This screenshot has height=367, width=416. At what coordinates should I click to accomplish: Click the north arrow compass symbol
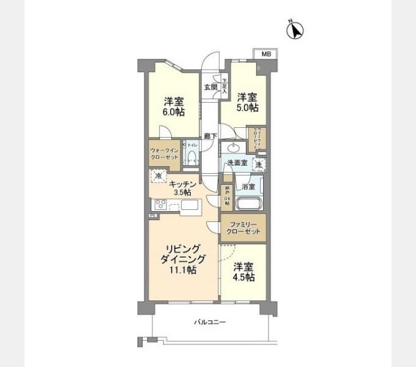pyautogui.click(x=296, y=29)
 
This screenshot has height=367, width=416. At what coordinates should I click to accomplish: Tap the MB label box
pyautogui.click(x=265, y=54)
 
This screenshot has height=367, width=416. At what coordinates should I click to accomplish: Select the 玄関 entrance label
pyautogui.click(x=210, y=87)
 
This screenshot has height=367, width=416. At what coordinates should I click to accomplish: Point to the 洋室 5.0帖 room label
pyautogui.click(x=247, y=102)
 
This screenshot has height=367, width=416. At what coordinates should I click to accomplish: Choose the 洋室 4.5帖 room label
pyautogui.click(x=244, y=272)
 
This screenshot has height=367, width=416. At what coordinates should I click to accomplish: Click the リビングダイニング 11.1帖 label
pyautogui.click(x=182, y=258)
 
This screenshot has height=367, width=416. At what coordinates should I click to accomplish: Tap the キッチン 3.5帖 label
pyautogui.click(x=183, y=188)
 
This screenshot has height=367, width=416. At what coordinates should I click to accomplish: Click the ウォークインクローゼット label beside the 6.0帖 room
pyautogui.click(x=164, y=154)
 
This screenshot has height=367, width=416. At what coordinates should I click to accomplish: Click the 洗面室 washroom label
pyautogui.click(x=237, y=163)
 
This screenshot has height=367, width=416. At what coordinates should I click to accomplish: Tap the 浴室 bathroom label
pyautogui.click(x=248, y=185)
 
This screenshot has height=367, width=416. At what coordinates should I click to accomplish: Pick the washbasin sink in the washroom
pyautogui.click(x=233, y=147)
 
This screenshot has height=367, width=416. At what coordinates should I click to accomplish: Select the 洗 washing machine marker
pyautogui.click(x=259, y=164)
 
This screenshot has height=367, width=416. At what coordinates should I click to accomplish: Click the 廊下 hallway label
pyautogui.click(x=209, y=136)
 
